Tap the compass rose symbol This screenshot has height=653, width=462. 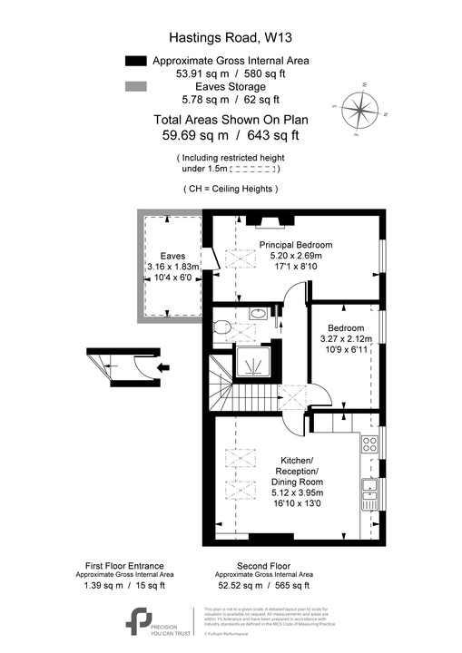(x=361, y=110)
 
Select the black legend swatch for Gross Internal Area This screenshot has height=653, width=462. (x=136, y=61)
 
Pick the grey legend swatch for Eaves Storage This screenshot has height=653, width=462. (x=136, y=86)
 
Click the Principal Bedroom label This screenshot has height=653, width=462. (x=295, y=245)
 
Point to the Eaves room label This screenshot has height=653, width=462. (x=172, y=256)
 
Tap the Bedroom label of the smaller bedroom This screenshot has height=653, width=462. (x=346, y=327)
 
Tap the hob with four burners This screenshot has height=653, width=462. (x=370, y=445)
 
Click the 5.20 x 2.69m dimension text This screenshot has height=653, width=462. (x=295, y=258)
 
